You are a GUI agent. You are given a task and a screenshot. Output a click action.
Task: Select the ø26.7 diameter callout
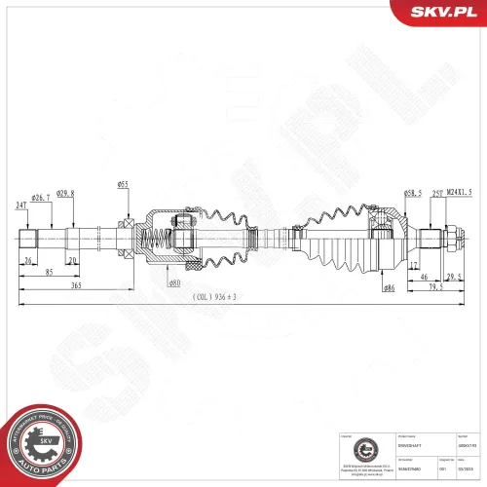tap(40, 198)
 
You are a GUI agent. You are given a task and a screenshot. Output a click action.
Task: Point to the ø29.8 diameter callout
tap(65, 193)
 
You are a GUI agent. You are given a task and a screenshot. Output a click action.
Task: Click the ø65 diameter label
tap(124, 184)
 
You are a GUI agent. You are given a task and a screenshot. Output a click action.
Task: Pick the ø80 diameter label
tap(174, 283)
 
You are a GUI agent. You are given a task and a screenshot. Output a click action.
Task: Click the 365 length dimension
tap(74, 287)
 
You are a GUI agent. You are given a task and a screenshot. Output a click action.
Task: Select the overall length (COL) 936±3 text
tap(215, 297)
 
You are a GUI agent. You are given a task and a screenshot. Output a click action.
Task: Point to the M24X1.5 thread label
tap(460, 194)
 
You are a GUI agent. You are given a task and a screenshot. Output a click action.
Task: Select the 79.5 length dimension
tap(436, 287)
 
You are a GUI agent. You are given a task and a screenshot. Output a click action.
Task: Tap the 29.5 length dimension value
tap(453, 276)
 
